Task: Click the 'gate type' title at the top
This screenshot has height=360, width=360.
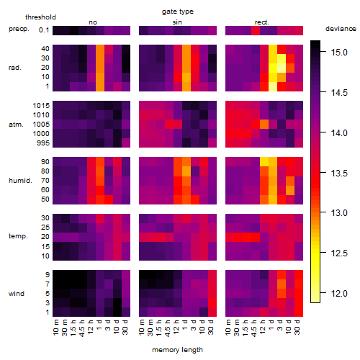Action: pyautogui.click(x=178, y=12)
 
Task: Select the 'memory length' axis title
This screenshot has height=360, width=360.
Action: pyautogui.click(x=177, y=350)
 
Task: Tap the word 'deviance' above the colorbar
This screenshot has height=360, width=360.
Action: pyautogui.click(x=341, y=29)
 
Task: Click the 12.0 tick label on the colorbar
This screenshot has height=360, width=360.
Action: pyautogui.click(x=339, y=293)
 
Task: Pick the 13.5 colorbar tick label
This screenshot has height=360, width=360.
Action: pyautogui.click(x=339, y=173)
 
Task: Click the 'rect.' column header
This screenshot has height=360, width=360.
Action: pyautogui.click(x=262, y=22)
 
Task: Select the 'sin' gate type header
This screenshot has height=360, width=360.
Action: pyautogui.click(x=177, y=22)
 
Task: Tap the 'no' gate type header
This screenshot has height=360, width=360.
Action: pyautogui.click(x=93, y=22)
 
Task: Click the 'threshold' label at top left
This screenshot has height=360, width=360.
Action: pyautogui.click(x=40, y=17)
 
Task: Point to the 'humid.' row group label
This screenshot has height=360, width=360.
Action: pyautogui.click(x=20, y=181)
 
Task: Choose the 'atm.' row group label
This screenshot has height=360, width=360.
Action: pyautogui.click(x=16, y=125)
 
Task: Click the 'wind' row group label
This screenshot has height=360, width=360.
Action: pyautogui.click(x=17, y=294)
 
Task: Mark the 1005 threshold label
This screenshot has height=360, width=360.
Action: pyautogui.click(x=41, y=125)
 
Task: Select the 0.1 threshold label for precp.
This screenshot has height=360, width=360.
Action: pyautogui.click(x=44, y=30)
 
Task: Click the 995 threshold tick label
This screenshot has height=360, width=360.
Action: pyautogui.click(x=43, y=143)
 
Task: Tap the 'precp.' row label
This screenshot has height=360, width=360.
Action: pyautogui.click(x=19, y=29)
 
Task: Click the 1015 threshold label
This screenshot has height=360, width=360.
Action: pyautogui.click(x=41, y=106)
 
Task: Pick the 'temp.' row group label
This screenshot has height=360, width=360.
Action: pyautogui.click(x=18, y=236)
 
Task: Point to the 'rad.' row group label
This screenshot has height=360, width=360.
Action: pyautogui.click(x=15, y=68)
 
